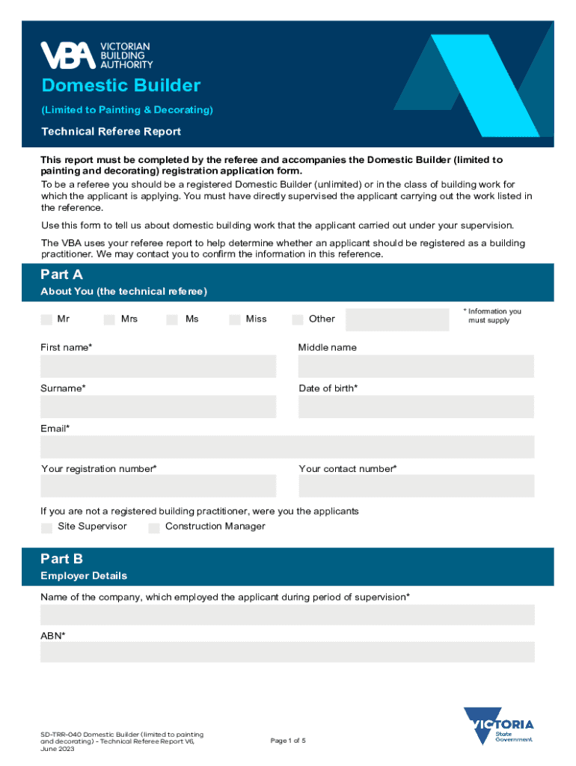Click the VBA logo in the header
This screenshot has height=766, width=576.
point(96,55)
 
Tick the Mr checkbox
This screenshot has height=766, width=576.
point(46,319)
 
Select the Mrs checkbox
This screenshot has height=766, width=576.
point(109,319)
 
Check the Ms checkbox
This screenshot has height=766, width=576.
point(172,319)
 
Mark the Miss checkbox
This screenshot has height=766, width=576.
point(235,319)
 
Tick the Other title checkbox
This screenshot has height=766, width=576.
point(298,319)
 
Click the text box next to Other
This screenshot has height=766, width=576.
point(396,319)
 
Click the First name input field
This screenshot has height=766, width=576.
point(158,367)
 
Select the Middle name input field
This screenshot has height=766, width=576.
point(416,367)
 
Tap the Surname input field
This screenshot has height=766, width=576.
point(158,407)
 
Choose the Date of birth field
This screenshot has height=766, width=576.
point(416,407)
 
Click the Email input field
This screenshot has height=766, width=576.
point(287,447)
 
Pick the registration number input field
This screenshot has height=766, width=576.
point(158,486)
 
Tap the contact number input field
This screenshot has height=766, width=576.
point(416,486)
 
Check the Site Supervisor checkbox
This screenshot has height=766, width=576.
point(46,527)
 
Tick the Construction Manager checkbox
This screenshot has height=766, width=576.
point(154,527)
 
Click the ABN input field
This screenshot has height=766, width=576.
point(287,652)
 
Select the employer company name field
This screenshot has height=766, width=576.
point(287,615)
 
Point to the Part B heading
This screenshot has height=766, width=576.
point(62,559)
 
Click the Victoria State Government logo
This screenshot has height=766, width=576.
point(498,726)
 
